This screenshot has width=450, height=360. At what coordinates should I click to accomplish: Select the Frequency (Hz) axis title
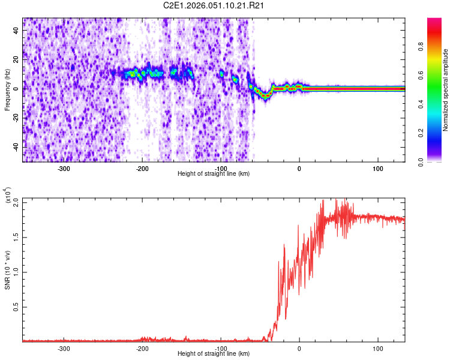pyautogui.click(x=7, y=89)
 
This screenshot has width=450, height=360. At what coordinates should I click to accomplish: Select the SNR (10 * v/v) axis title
pyautogui.click(x=7, y=270)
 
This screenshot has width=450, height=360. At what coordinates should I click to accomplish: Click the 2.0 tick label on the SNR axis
pyautogui.click(x=17, y=202)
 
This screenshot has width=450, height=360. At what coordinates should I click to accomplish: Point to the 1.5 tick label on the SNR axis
pyautogui.click(x=17, y=237)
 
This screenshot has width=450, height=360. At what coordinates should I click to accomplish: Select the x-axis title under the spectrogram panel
pyautogui.click(x=214, y=173)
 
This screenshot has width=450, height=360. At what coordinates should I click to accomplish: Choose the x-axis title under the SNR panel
pyautogui.click(x=214, y=353)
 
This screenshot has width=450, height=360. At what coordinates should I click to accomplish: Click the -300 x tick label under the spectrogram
pyautogui.click(x=64, y=168)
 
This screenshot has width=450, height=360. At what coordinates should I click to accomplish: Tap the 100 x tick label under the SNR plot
pyautogui.click(x=378, y=348)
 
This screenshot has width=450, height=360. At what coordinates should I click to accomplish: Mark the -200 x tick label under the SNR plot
pyautogui.click(x=142, y=348)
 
